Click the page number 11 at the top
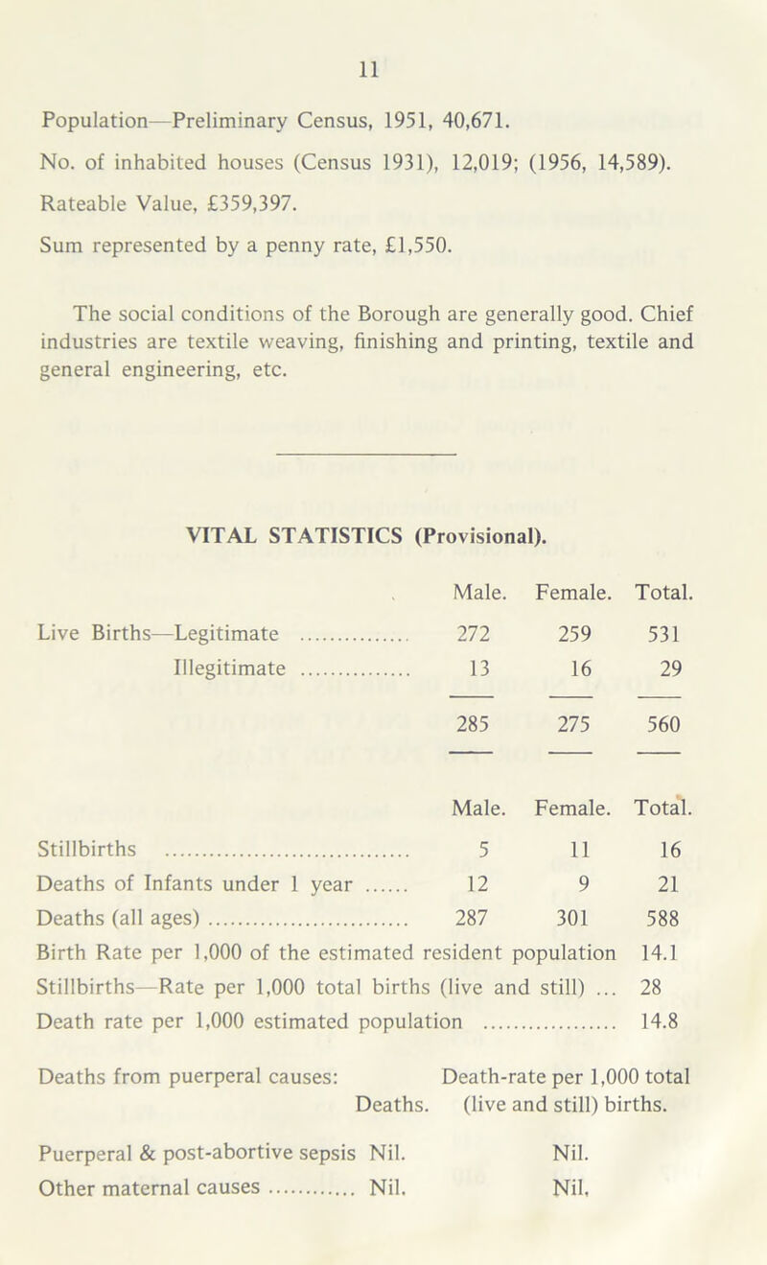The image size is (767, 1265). (383, 69)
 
